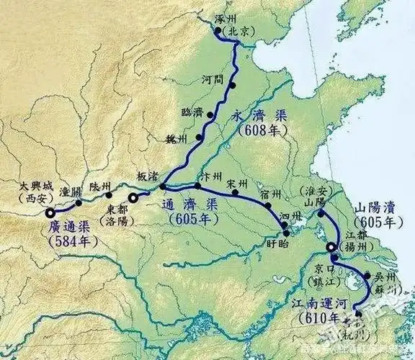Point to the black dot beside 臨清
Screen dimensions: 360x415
pyautogui.click(x=210, y=114)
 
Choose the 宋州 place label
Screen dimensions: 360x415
pyautogui.click(x=235, y=182)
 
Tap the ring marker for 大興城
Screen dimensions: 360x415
pyautogui.click(x=50, y=213)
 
